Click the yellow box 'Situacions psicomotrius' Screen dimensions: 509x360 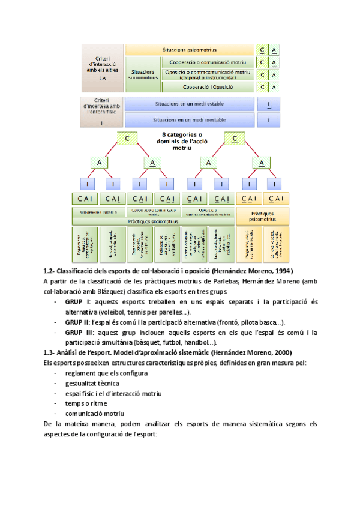point(190,50)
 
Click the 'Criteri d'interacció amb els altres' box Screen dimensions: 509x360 point(101,65)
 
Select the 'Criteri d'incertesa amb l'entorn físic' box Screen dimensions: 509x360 point(101,112)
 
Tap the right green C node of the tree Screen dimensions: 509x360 point(233,139)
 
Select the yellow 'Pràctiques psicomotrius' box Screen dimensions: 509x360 point(262,216)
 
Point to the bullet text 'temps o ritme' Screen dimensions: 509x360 point(85,403)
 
